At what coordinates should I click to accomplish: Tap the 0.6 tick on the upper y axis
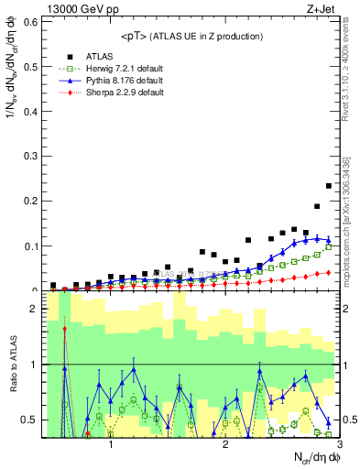(32, 19)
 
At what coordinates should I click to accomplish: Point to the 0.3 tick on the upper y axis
(32, 156)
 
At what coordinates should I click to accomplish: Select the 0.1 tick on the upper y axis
(32, 245)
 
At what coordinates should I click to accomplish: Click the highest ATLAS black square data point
(329, 186)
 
